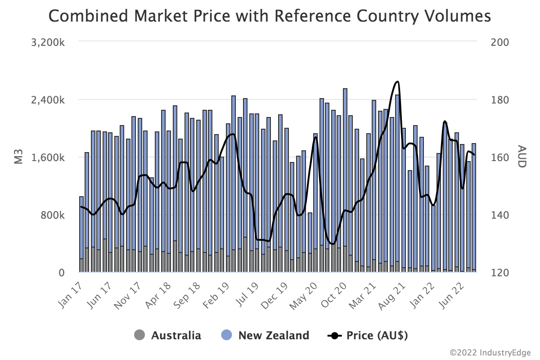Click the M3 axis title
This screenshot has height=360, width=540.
coord(19,157)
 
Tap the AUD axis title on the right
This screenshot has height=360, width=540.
coord(522,157)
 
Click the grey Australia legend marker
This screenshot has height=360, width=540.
coord(139,335)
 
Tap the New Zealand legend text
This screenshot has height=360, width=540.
coord(274,335)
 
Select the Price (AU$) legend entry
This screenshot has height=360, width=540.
coord(377,335)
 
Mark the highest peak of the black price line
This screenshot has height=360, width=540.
coord(397,82)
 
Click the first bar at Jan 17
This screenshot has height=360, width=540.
coord(81,234)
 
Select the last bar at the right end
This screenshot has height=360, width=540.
coord(473,207)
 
